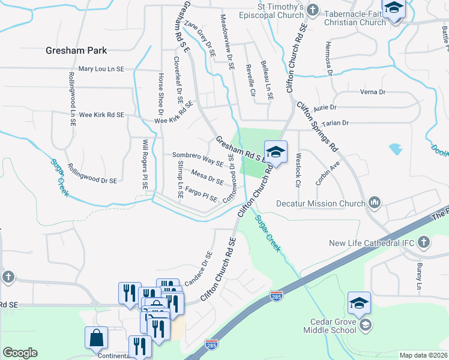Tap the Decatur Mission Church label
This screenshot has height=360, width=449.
tap(320, 203)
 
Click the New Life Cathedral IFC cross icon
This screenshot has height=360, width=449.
tap(424, 243)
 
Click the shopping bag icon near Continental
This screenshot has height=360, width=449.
tap(96, 339)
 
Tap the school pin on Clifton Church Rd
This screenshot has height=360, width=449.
tap(276, 152)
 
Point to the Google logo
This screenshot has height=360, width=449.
tap(20, 353)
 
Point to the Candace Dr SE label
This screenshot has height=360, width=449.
tap(199, 268)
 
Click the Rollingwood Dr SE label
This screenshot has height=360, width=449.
tap(92, 173)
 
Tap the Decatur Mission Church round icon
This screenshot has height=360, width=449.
tap(375, 203)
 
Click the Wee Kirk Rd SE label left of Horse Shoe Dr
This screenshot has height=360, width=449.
tap(101, 115)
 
